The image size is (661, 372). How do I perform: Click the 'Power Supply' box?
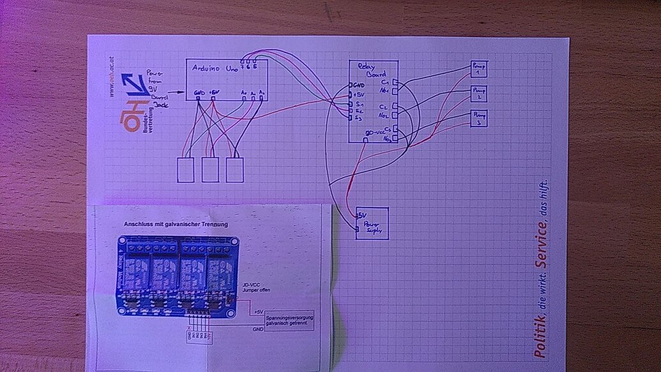[x=371, y=224]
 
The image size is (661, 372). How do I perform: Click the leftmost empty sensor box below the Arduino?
[x=186, y=169]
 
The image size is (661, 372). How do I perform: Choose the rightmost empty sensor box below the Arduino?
[x=235, y=169]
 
